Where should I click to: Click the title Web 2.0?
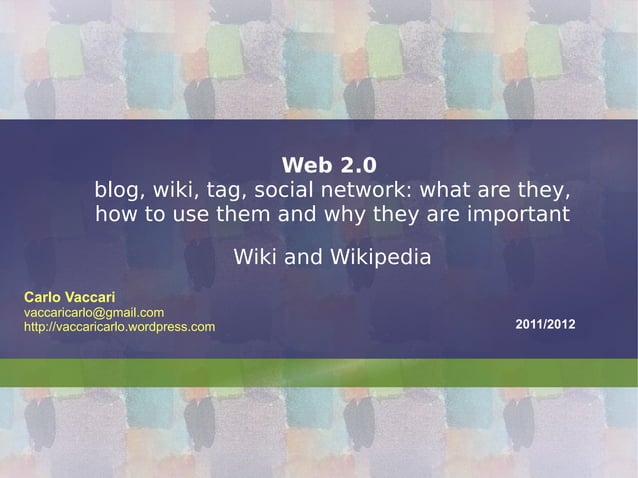[x=329, y=164]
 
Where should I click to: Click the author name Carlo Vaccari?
[x=69, y=297]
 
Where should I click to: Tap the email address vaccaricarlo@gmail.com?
[x=94, y=313]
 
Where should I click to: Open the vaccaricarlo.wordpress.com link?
[x=119, y=328]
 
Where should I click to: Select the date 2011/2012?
[x=545, y=327]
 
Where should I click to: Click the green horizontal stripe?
[x=319, y=372]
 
